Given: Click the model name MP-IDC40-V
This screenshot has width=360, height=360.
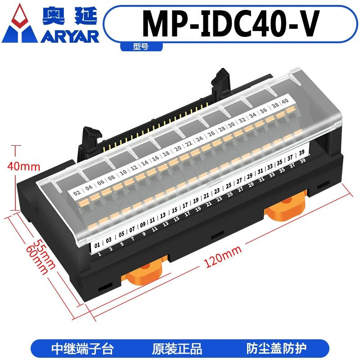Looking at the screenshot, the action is [230, 23].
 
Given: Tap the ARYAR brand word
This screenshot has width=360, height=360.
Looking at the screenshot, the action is [70, 37].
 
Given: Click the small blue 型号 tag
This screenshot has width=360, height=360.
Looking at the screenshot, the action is [141, 47].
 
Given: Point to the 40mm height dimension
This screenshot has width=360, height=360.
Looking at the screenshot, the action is [24, 166].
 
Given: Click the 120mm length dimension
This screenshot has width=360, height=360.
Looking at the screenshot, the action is [223, 256].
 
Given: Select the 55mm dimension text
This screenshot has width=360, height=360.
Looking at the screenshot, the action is [44, 254].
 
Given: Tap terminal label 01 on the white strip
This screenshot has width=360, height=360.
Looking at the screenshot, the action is [97, 245].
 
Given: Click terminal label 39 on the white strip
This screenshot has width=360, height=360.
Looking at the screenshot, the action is [301, 153].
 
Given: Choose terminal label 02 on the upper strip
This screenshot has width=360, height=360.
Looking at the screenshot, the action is [77, 193].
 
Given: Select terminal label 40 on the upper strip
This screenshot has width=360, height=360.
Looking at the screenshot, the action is [285, 101].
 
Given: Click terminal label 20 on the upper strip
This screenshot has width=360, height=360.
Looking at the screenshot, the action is [178, 149].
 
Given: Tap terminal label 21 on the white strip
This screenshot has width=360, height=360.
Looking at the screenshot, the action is [206, 196].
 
